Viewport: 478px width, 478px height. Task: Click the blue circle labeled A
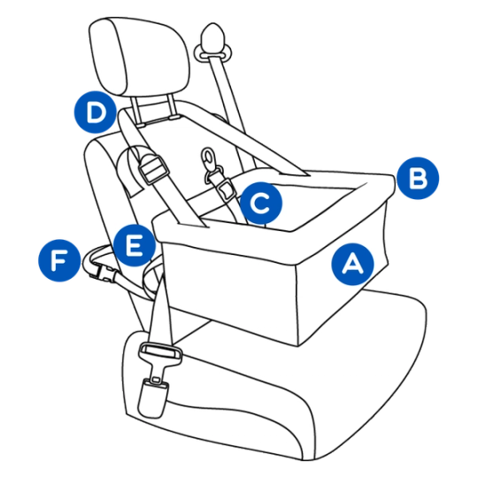click(x=352, y=264)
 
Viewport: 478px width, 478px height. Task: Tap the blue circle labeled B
click(x=418, y=178)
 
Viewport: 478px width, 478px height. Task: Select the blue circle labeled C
click(x=261, y=203)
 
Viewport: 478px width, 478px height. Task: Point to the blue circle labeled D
click(x=96, y=112)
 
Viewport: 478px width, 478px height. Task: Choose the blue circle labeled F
click(x=59, y=260)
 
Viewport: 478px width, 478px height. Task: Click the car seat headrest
click(x=139, y=57)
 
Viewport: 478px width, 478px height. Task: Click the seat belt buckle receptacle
click(x=152, y=397)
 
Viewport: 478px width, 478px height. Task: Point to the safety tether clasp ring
click(x=209, y=159)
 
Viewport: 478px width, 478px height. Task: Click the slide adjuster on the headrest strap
click(x=154, y=172)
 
